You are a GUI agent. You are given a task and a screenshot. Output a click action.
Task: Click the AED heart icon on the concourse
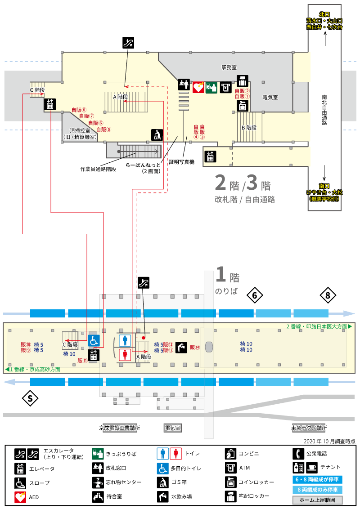pyautogui.click(x=198, y=87)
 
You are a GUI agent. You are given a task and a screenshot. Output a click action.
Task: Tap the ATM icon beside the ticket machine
pyautogui.click(x=226, y=87)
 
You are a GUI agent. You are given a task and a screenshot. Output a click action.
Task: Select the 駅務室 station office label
pyautogui.click(x=229, y=67)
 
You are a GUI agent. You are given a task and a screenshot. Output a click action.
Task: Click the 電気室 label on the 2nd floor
pyautogui.click(x=270, y=98)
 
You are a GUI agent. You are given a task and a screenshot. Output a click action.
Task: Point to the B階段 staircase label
pyautogui.click(x=249, y=128)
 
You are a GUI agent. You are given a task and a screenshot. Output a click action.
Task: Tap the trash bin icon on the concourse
pyautogui.click(x=157, y=135)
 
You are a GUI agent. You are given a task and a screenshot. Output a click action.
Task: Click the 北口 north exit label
pyautogui.click(x=324, y=14)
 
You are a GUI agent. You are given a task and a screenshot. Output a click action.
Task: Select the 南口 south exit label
pyautogui.click(x=324, y=186)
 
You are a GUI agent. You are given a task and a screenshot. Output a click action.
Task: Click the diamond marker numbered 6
pyautogui.click(x=255, y=295)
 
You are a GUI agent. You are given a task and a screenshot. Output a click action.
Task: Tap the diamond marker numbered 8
pyautogui.click(x=328, y=295)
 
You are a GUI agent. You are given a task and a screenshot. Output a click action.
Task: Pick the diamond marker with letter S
pyautogui.click(x=30, y=398)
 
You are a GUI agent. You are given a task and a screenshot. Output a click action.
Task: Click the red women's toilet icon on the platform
pyautogui.click(x=125, y=354)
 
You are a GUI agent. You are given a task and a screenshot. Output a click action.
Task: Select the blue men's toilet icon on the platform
pyautogui.click(x=125, y=340)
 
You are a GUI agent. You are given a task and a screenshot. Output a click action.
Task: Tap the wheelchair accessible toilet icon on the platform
pyautogui.click(x=94, y=341)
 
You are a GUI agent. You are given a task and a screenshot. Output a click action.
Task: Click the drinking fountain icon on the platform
pyautogui.click(x=181, y=347)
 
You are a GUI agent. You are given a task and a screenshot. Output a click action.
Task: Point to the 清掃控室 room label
pyautogui.click(x=80, y=130)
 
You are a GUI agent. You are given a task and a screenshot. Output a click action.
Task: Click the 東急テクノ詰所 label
pyautogui.click(x=309, y=428)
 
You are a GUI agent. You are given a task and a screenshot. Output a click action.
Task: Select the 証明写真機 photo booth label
pyautogui.click(x=182, y=162)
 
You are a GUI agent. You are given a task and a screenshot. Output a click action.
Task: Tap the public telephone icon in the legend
pyautogui.click(x=298, y=454)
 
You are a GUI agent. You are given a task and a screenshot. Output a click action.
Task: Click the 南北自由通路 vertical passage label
pyautogui.click(x=324, y=110)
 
